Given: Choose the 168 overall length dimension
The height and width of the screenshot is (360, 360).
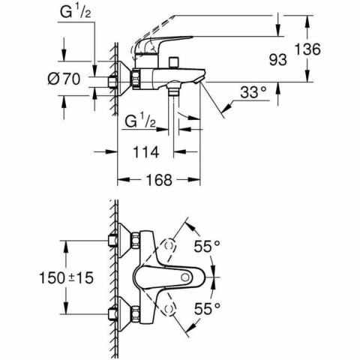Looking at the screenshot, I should [x=159, y=181].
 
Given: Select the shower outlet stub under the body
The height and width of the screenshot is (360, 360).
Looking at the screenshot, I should [x=173, y=91].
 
